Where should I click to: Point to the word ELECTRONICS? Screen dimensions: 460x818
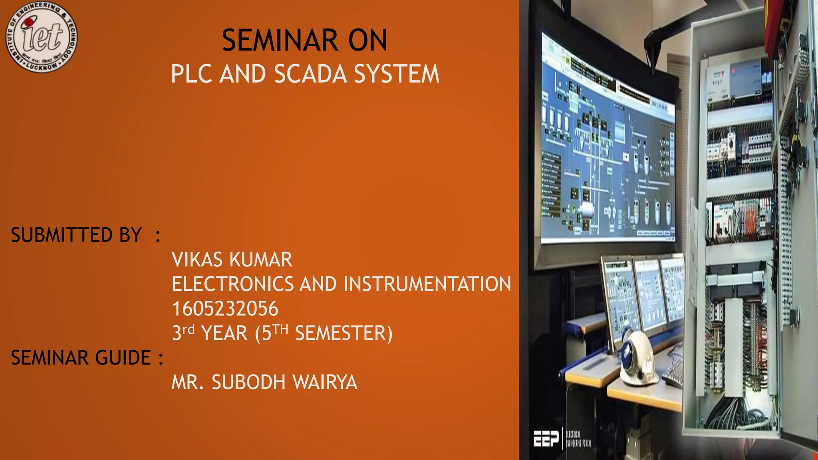pyautogui.click(x=232, y=284)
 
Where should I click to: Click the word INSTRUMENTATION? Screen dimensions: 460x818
pyautogui.click(x=427, y=284)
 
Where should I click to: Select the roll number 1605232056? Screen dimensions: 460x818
pyautogui.click(x=225, y=309)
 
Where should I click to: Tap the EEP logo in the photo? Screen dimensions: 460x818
pyautogui.click(x=546, y=439)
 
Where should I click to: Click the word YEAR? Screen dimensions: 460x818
pyautogui.click(x=224, y=333)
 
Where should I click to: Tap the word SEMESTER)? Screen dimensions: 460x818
pyautogui.click(x=343, y=333)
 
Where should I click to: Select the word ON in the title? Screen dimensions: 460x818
pyautogui.click(x=367, y=40)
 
